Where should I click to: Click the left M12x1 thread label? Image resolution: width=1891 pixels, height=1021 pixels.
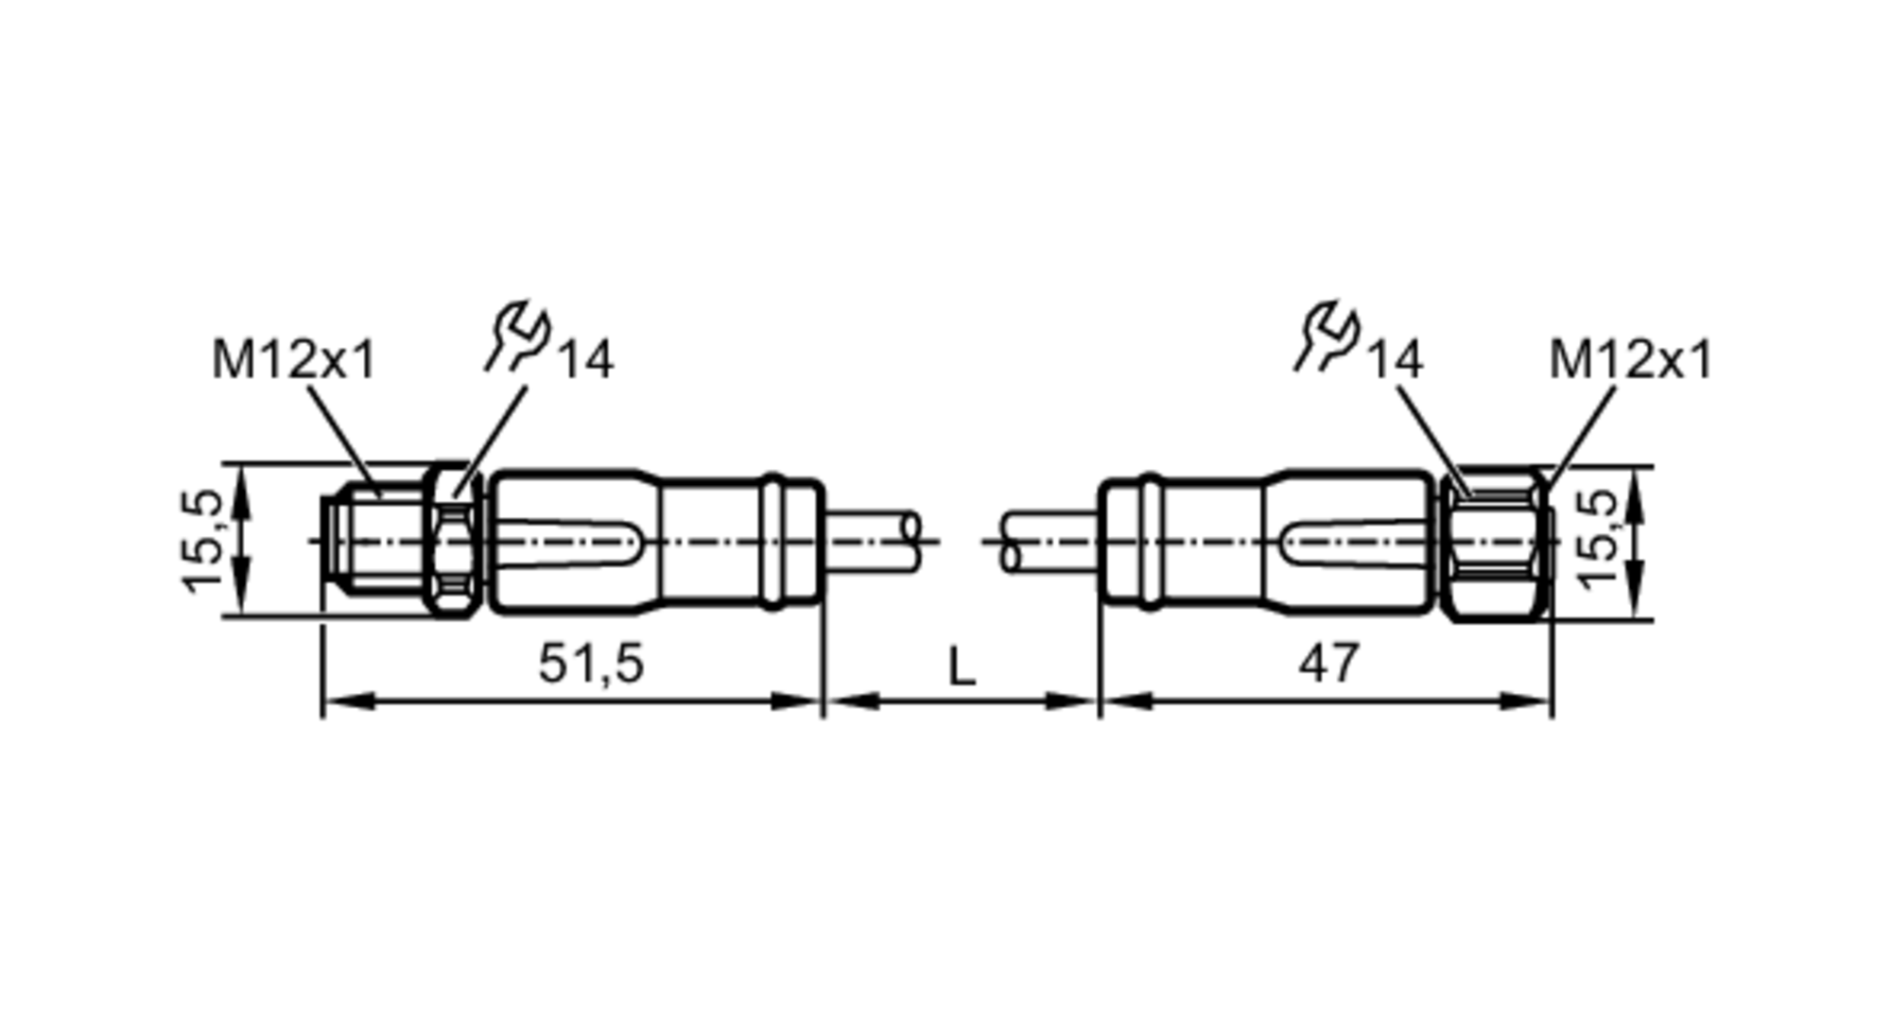[x=294, y=360]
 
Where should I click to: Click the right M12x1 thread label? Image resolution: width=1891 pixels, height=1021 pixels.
[x=1630, y=360]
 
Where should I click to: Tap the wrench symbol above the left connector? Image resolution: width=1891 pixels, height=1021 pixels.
[x=518, y=335]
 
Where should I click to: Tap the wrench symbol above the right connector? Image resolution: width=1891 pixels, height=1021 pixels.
[x=1327, y=335]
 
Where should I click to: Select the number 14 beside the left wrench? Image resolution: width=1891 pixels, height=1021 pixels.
[x=586, y=360]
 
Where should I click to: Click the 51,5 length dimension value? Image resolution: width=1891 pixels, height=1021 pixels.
[x=591, y=663]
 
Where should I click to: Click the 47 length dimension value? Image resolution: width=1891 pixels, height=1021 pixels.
[x=1328, y=663]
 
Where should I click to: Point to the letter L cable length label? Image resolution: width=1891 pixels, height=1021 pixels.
[x=961, y=667]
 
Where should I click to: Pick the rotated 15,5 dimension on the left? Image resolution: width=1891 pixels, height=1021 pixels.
[x=202, y=541]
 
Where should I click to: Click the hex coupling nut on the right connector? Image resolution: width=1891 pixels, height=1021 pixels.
[x=1494, y=543]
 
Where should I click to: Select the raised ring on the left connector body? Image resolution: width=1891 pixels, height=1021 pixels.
[x=774, y=541]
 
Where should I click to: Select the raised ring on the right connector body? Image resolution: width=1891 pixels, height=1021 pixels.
[x=1150, y=541]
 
